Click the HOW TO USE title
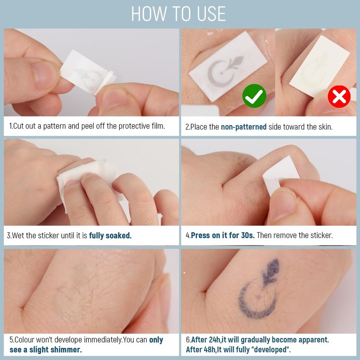point(178,14)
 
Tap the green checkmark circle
point(254,96)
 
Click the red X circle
point(339,97)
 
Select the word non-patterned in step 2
point(243,127)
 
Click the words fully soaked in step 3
point(110,235)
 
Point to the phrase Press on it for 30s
point(223,235)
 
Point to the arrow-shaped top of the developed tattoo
point(272,269)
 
